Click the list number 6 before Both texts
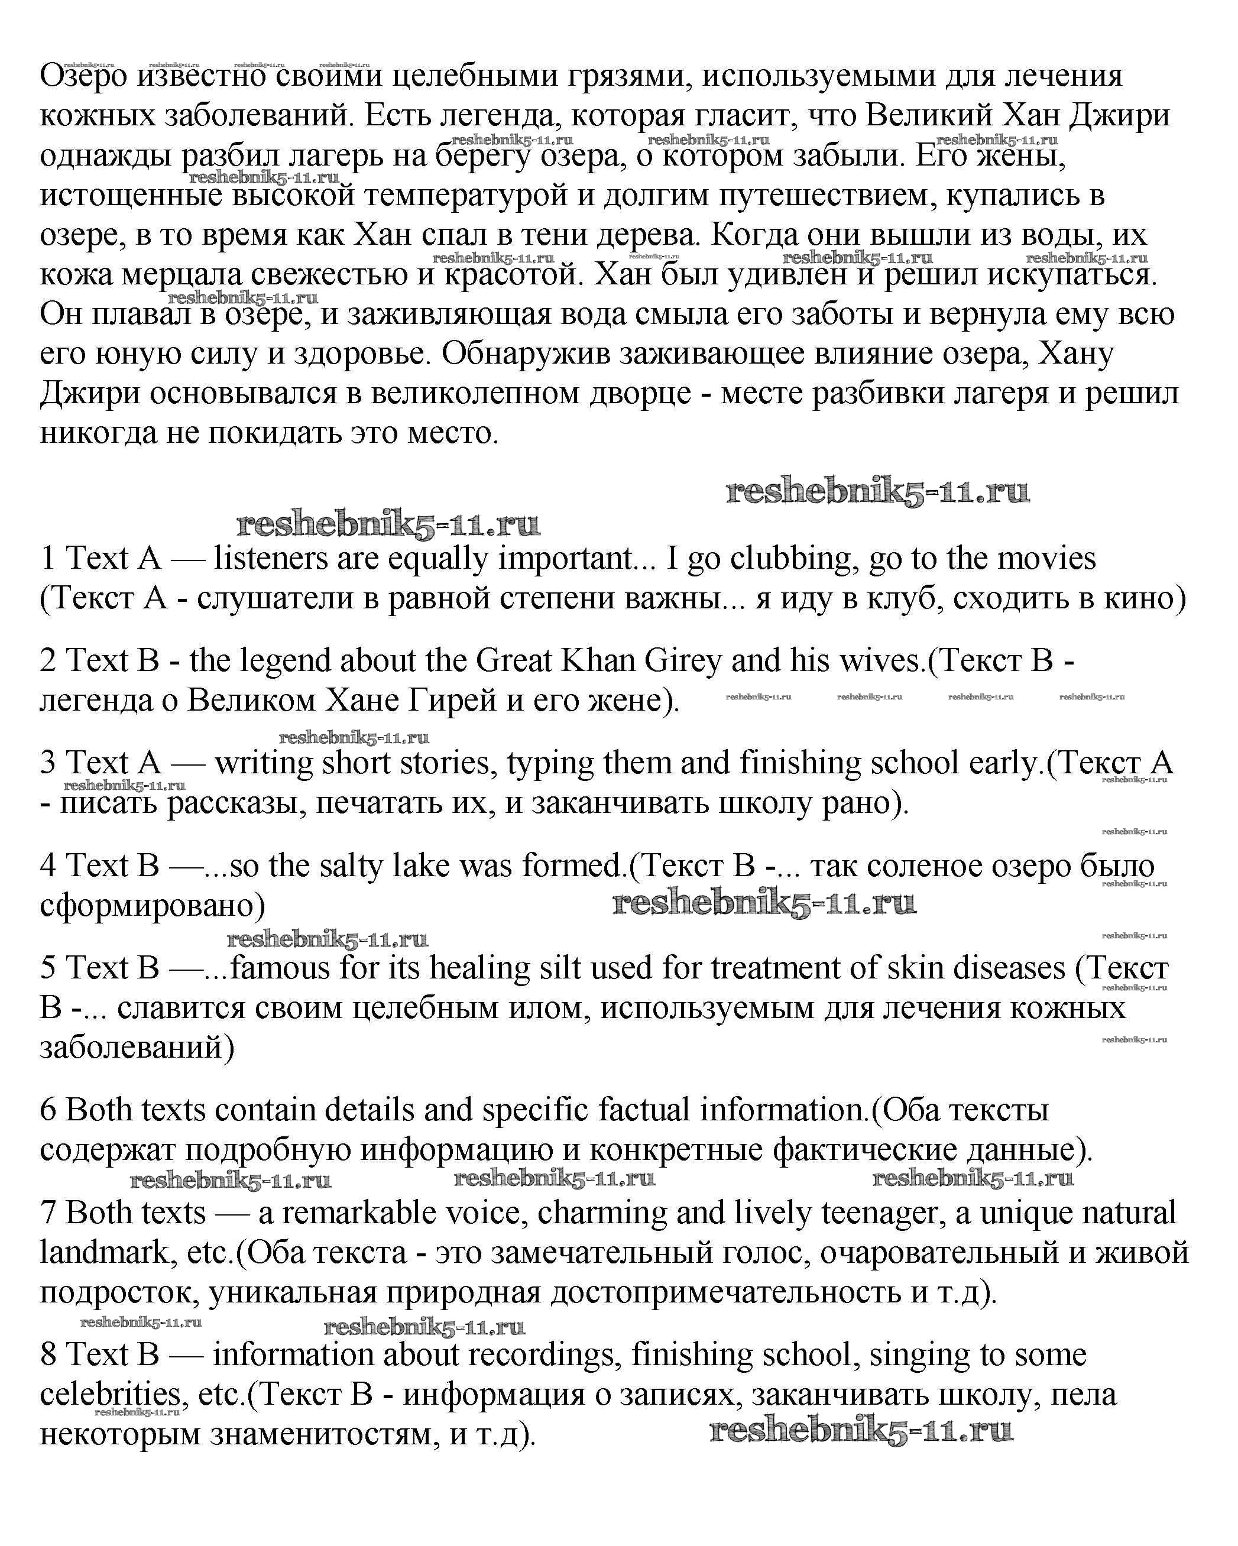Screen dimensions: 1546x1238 tap(48, 1110)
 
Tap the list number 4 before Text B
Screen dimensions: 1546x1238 tap(48, 866)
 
